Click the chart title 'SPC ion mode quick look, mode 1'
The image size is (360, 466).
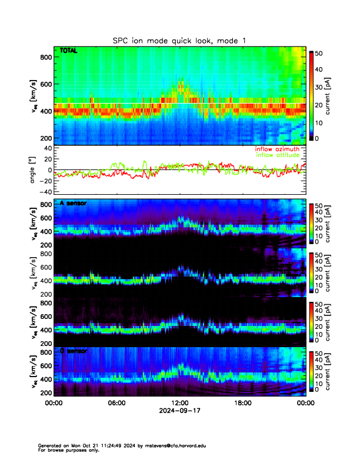pos(179,40)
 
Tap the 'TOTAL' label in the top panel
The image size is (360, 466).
pos(69,52)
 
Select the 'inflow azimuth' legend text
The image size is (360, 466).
pos(277,149)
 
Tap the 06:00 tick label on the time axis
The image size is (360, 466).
pos(116,403)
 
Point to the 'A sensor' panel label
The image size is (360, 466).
pos(73,203)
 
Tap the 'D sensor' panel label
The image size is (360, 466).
pos(73,351)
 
